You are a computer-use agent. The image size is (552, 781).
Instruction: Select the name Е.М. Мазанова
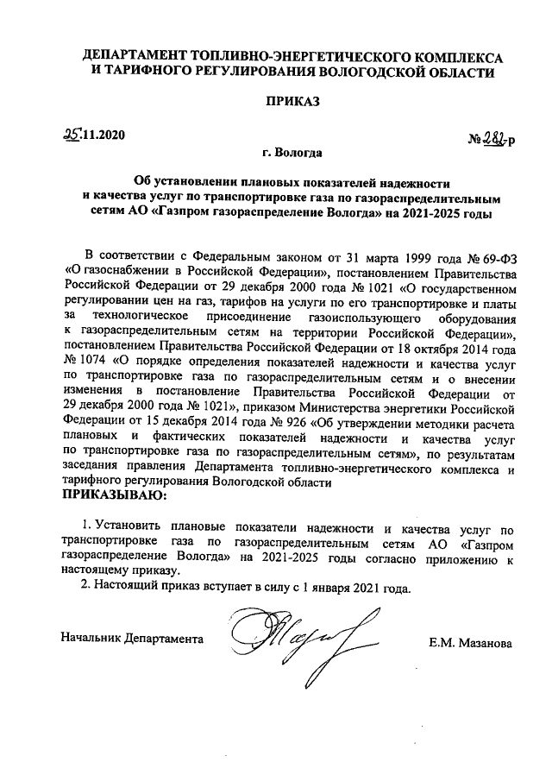click(x=469, y=643)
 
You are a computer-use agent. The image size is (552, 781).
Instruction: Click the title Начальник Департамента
click(x=133, y=639)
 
